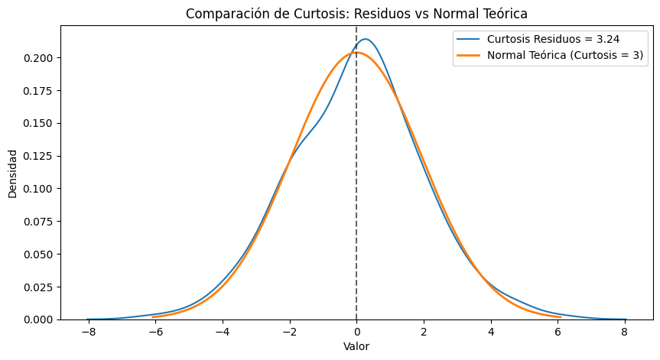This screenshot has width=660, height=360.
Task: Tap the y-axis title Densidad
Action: (x=12, y=172)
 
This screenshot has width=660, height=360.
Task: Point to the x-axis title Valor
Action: (x=356, y=346)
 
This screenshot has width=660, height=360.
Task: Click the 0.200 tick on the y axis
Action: (x=38, y=58)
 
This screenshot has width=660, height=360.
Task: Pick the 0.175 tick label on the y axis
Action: (x=38, y=91)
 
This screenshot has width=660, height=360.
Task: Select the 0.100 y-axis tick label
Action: (x=38, y=189)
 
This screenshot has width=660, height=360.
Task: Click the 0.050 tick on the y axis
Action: (x=38, y=254)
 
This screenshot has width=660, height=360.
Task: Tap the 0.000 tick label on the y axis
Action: (x=38, y=319)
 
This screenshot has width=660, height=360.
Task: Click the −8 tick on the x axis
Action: (x=88, y=332)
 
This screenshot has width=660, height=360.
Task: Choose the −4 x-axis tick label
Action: (x=222, y=332)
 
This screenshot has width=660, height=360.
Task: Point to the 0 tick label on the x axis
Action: (x=356, y=332)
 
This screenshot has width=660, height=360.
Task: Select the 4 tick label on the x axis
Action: (x=491, y=332)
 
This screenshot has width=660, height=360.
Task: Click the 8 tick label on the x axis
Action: (x=625, y=332)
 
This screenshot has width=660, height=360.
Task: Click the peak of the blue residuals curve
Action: (x=366, y=39)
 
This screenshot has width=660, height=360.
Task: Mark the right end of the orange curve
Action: (x=561, y=316)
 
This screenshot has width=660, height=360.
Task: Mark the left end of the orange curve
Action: (x=153, y=316)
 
